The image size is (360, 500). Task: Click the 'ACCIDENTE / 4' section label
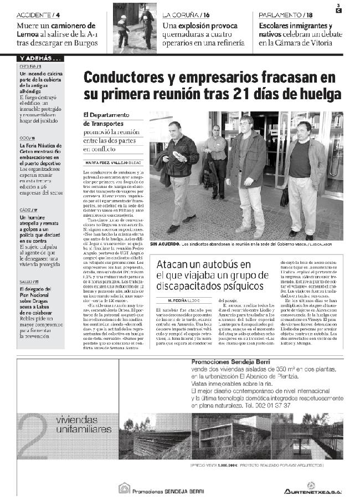click(x=39, y=14)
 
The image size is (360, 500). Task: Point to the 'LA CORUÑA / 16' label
click(x=186, y=14)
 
